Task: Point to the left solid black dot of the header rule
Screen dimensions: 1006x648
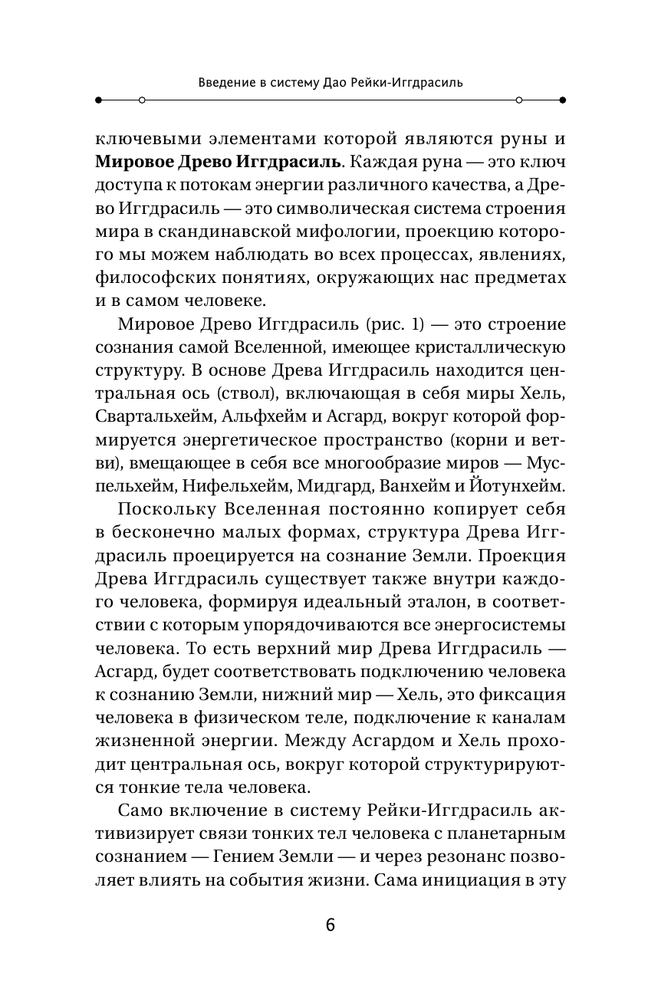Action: pos(97,100)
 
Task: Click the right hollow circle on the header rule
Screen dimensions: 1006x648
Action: pos(519,100)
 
